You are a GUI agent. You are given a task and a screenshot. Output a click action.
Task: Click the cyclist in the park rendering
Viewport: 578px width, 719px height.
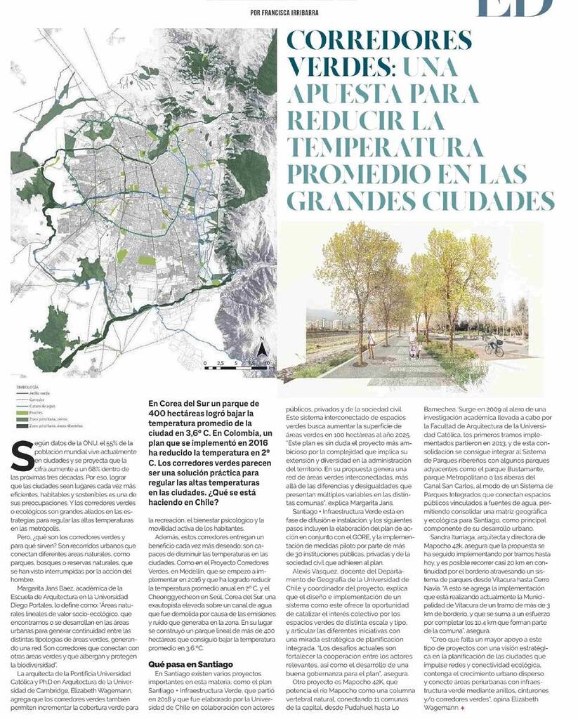pos(494,345)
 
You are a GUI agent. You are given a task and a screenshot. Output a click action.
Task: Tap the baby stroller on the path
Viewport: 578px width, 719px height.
pos(414,349)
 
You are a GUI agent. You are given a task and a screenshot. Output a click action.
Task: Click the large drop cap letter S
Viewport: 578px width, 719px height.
pos(22,456)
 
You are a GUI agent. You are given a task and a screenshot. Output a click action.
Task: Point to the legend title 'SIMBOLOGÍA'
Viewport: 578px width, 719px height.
pos(29,387)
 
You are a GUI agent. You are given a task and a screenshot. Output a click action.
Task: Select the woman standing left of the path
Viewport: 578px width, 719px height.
pos(371,343)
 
